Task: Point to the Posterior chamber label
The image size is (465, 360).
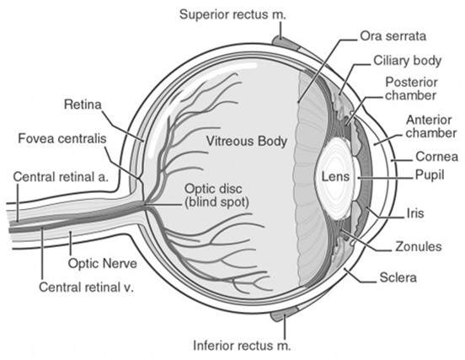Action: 410,89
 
